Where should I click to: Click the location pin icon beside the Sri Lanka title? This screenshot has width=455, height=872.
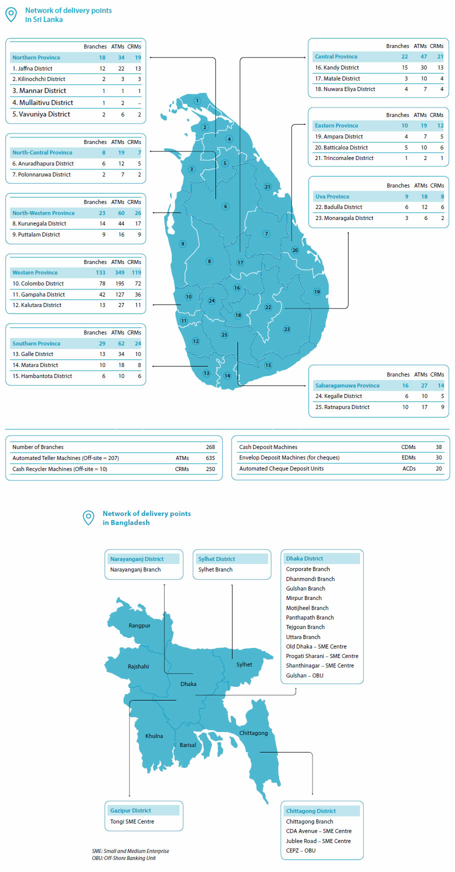click(x=11, y=14)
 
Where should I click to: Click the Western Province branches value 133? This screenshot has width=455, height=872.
click(x=100, y=272)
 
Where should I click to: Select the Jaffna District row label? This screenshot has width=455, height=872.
click(x=32, y=68)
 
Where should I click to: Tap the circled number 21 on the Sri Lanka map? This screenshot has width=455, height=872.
click(x=267, y=187)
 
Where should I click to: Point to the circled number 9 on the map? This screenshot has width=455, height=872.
click(x=182, y=244)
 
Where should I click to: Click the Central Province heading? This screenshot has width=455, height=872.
click(x=336, y=56)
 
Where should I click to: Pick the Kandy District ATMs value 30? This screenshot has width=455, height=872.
click(x=423, y=67)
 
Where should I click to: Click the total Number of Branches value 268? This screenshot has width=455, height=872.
click(x=210, y=447)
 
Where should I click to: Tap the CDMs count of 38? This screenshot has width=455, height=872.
click(x=438, y=447)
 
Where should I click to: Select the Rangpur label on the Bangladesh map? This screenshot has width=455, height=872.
click(x=139, y=625)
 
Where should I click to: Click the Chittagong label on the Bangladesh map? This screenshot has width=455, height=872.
click(x=253, y=733)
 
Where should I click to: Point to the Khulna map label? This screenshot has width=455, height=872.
click(x=154, y=736)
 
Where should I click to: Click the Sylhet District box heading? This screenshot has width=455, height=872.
click(x=216, y=559)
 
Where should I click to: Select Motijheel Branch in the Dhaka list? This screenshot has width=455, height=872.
click(x=307, y=608)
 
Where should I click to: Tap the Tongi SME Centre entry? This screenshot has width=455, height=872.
click(x=132, y=821)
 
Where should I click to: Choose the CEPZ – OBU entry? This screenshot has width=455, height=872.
click(x=300, y=850)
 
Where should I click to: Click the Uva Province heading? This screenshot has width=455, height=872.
click(x=332, y=196)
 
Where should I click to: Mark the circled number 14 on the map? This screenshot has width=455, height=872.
click(x=227, y=375)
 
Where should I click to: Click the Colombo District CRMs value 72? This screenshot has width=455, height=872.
click(x=138, y=283)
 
